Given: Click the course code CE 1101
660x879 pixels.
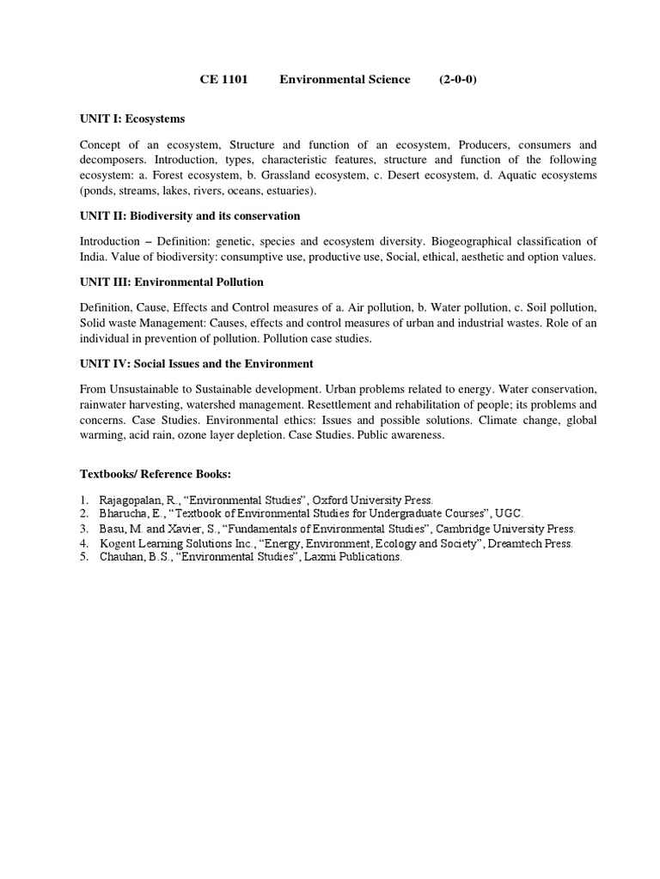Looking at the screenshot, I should point(223,80).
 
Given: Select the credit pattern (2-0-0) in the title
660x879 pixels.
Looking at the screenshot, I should point(458,80).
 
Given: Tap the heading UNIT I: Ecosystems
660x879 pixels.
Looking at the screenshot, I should point(132,118).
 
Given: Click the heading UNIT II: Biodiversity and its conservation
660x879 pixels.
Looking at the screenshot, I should point(190,215).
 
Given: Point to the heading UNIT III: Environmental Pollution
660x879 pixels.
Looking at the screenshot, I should point(172,282).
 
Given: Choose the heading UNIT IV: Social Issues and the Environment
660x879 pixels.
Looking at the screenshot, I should point(197,363).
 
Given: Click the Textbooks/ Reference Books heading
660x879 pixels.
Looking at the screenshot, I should point(156,474).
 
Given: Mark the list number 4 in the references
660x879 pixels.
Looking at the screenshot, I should point(84,543).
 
